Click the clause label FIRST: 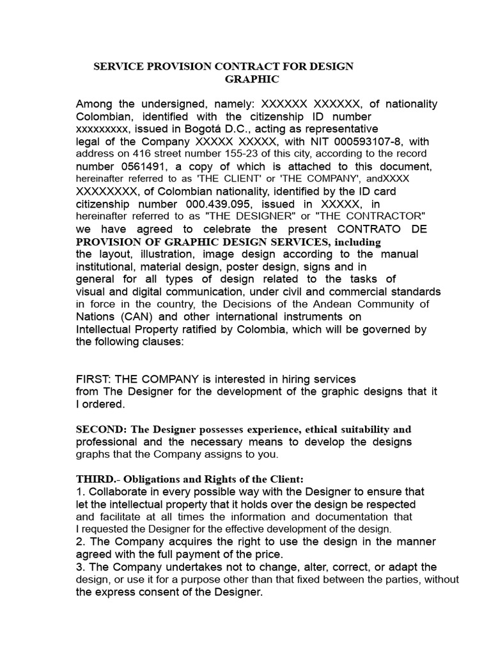95,379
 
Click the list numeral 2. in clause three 81,542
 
